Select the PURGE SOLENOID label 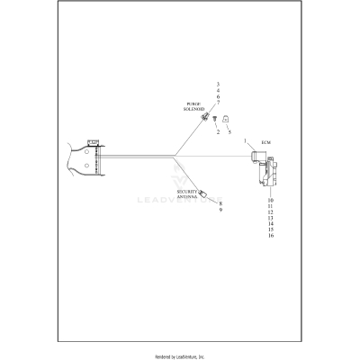pos(194,107)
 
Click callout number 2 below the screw pos(218,132)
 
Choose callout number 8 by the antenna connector pos(220,203)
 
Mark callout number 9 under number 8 pos(220,211)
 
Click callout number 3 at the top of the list pos(218,84)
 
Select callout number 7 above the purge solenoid pos(218,103)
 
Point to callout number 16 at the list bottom pos(270,236)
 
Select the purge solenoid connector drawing pos(205,118)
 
